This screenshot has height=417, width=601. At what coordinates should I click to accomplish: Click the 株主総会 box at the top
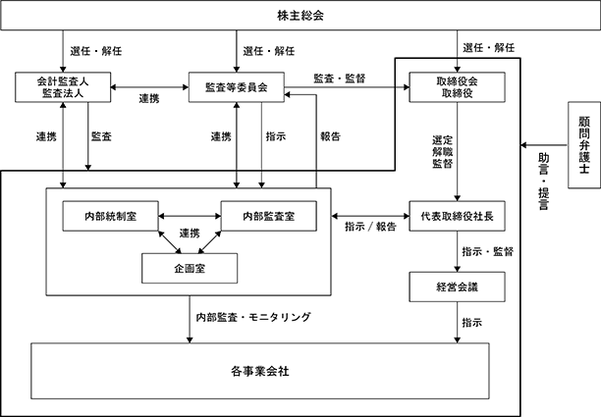tap(300, 16)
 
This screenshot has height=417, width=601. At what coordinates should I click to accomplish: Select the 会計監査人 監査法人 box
tap(63, 87)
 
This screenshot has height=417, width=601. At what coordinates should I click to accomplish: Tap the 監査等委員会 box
tap(237, 87)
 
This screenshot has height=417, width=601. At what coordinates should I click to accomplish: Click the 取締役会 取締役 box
tap(457, 87)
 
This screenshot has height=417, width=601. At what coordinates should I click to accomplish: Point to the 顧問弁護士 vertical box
tap(583, 145)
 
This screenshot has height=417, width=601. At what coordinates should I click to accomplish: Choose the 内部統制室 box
tap(110, 216)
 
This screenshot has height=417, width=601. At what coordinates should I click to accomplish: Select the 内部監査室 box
tap(269, 216)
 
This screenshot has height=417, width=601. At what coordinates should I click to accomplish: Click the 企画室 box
tap(190, 269)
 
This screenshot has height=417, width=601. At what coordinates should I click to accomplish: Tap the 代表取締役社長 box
tap(457, 216)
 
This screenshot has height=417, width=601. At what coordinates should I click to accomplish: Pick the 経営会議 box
tap(457, 287)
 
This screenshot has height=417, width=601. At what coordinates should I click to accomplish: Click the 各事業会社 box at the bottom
tap(260, 371)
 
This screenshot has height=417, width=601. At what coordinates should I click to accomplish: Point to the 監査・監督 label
tap(340, 78)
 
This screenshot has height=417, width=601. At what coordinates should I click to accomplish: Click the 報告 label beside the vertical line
tap(330, 136)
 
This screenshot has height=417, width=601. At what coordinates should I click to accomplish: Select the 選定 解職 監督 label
tap(443, 152)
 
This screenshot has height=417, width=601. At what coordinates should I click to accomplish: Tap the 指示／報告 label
tap(370, 227)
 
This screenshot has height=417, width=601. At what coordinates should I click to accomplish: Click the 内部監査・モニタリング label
tap(253, 318)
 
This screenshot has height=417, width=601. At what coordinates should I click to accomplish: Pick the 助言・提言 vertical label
tap(543, 182)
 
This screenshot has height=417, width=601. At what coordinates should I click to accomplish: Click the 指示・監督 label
tap(487, 251)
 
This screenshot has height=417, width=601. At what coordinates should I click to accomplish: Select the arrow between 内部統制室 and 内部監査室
tap(190, 216)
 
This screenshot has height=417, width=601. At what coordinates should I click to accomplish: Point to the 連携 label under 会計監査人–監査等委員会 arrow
tap(149, 99)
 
